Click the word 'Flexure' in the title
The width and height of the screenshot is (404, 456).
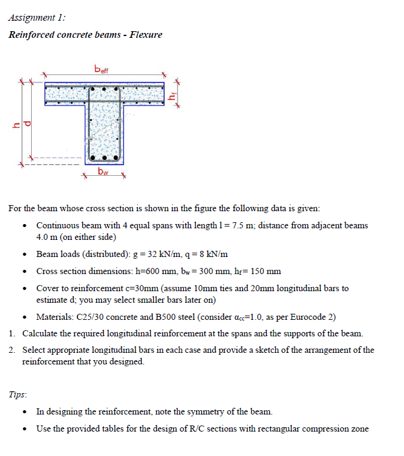pos(144,34)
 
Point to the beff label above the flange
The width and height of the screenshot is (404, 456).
pos(101,69)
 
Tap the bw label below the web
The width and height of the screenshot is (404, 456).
pos(103,172)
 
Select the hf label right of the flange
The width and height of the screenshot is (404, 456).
pos(173,95)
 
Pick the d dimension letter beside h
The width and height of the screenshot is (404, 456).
pos(27,124)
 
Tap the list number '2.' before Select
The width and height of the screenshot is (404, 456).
pos(13,350)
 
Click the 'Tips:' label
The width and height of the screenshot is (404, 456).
pos(18,394)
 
